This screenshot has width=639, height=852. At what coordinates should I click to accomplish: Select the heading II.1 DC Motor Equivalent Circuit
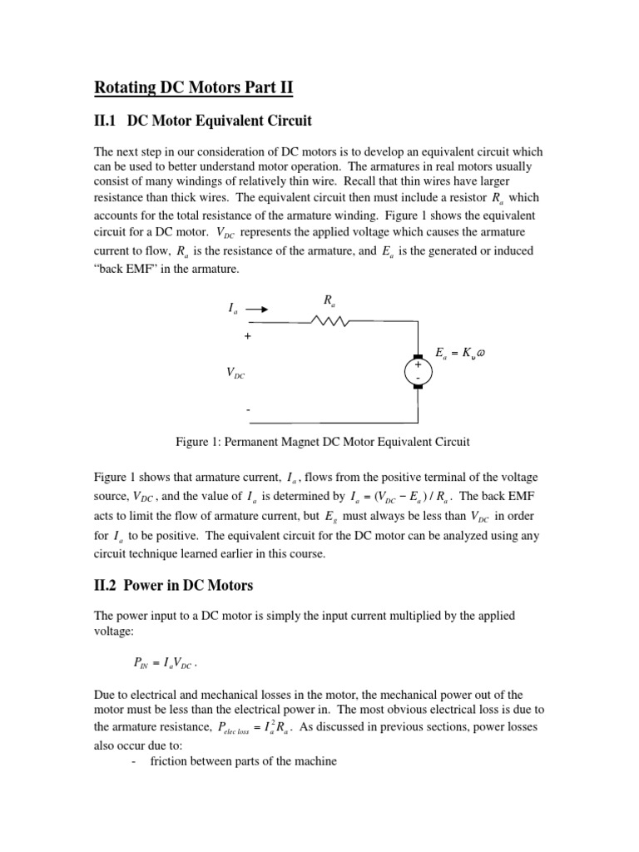(x=202, y=121)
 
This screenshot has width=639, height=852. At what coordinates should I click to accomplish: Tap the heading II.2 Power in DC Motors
(x=173, y=586)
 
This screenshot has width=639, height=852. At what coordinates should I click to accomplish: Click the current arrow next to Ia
(x=257, y=309)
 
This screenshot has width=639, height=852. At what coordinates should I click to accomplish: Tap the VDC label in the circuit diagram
(x=235, y=374)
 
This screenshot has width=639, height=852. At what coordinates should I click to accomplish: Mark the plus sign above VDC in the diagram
(x=247, y=337)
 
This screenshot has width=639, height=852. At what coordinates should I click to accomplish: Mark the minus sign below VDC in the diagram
(x=247, y=410)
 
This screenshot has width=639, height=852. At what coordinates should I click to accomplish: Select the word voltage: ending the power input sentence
(x=117, y=631)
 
